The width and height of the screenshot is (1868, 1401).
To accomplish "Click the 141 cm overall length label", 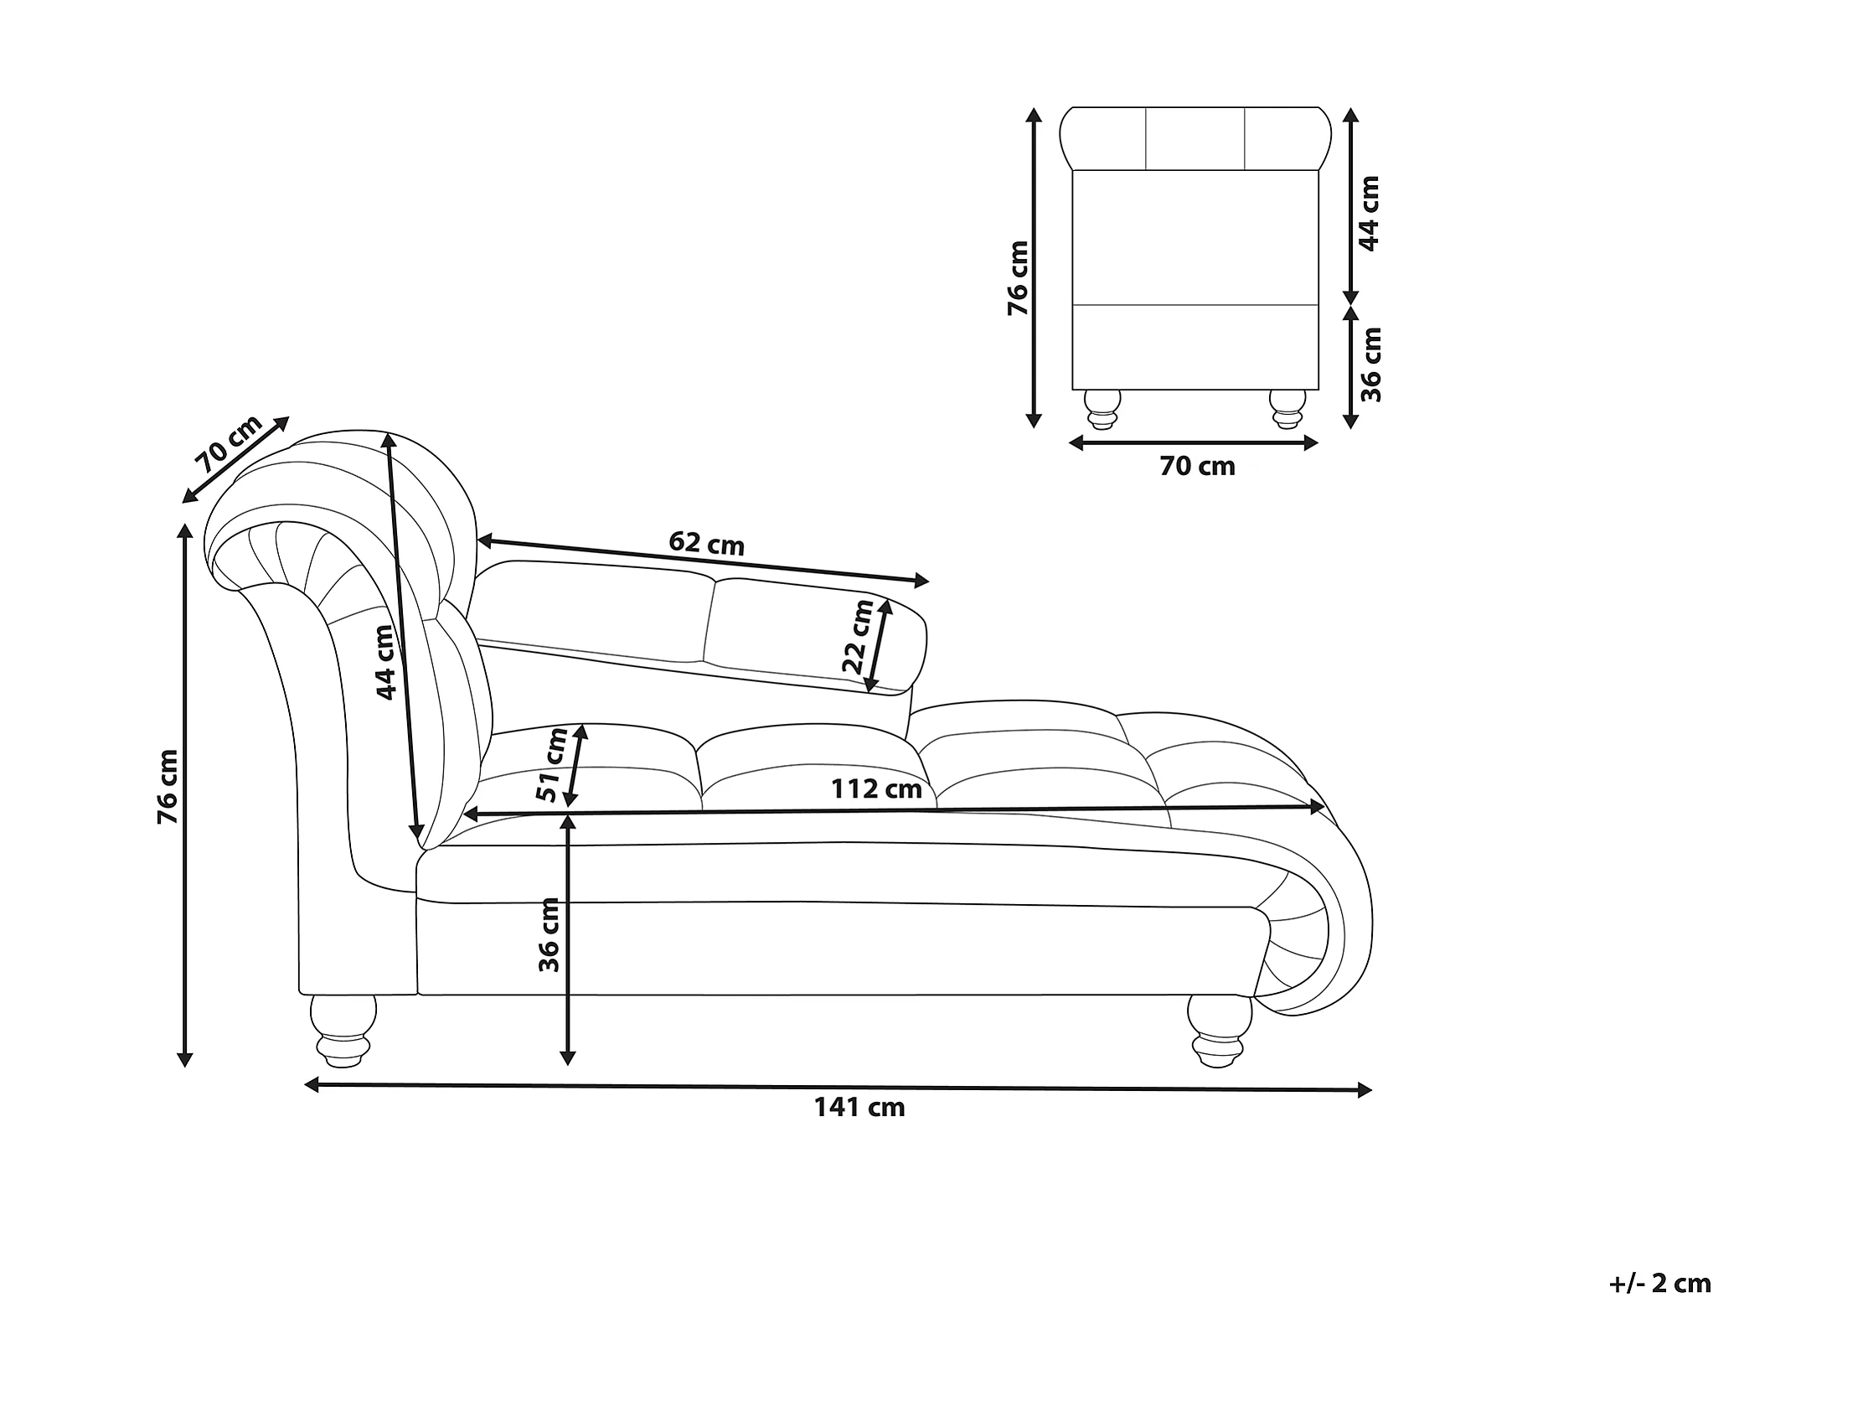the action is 859,1107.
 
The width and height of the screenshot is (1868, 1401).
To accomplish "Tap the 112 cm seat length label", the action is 875,788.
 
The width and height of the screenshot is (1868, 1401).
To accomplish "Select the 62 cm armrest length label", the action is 707,543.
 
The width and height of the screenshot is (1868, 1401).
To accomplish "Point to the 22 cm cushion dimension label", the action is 858,636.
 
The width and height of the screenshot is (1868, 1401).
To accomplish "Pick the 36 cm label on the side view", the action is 549,935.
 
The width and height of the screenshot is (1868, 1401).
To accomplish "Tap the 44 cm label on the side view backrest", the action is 385,662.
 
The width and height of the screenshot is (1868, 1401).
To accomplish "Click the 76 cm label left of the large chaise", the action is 168,787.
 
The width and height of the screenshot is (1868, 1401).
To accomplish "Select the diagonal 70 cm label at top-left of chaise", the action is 229,444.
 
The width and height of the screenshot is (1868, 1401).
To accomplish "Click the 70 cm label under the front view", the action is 1197,466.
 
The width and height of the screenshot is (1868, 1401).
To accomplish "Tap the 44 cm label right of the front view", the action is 1369,214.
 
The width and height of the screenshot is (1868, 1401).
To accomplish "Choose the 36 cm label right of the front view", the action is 1370,364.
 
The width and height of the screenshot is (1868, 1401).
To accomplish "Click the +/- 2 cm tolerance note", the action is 1659,1284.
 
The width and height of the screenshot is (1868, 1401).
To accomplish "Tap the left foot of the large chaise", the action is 343,1030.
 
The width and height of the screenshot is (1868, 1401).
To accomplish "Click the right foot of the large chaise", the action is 1219,1031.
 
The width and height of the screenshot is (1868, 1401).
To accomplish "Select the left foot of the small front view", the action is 1103,409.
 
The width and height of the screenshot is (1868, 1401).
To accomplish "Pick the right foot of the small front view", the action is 1287,409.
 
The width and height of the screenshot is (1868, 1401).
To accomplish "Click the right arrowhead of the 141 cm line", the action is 1363,1090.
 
